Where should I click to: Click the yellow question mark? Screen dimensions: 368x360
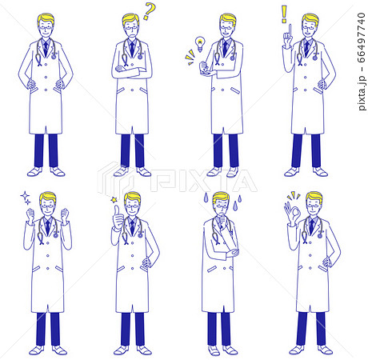150,11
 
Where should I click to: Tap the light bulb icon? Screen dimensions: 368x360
199,43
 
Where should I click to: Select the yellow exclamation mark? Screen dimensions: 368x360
284,14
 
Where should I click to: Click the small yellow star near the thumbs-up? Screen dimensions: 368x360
114,199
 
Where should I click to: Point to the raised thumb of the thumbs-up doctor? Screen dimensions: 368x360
116,209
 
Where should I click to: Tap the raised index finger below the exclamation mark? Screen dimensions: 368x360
290,30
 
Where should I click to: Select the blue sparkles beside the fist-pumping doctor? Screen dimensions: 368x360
26,198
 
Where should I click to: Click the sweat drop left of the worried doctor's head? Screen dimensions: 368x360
206,198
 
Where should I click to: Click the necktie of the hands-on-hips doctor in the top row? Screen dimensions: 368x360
46,48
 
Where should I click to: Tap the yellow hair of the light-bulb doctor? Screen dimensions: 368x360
228,18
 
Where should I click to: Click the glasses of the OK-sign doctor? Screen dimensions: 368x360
313,206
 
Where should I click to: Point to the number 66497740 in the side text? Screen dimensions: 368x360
362,38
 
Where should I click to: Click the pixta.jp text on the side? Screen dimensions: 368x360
362,93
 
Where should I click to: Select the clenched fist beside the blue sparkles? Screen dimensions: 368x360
30,214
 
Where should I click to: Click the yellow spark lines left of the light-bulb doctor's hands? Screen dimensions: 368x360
190,57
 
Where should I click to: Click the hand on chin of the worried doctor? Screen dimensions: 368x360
223,218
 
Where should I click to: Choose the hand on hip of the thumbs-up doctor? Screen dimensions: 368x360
146,262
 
